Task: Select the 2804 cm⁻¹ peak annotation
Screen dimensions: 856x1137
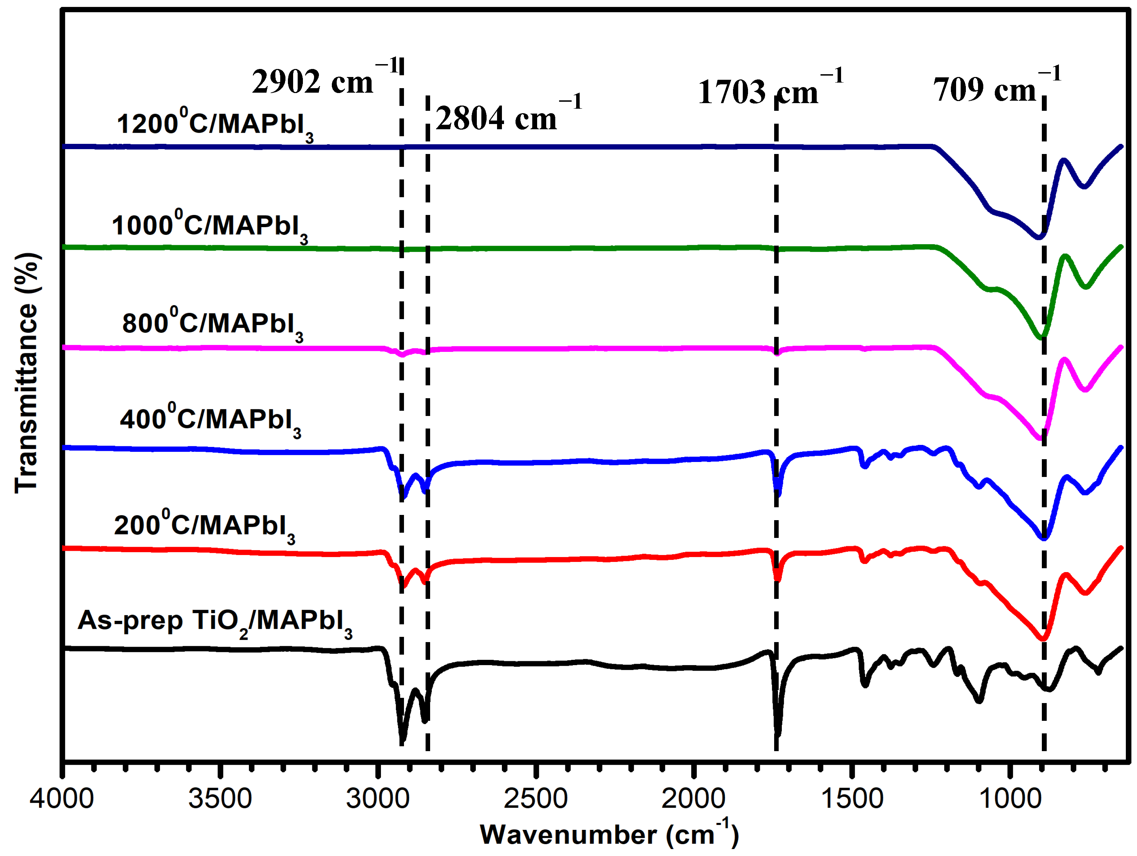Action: click(x=509, y=117)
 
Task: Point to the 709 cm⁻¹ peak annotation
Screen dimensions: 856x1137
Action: click(x=996, y=88)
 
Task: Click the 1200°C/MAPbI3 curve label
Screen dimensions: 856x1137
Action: click(x=215, y=125)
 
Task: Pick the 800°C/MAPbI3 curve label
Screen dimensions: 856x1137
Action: click(x=212, y=324)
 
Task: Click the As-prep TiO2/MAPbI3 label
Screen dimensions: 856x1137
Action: click(x=215, y=621)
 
